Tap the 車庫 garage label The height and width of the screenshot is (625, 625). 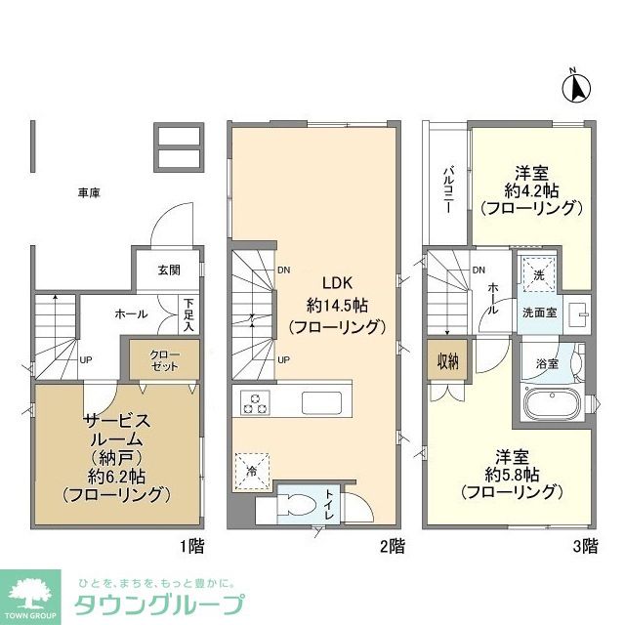pos(89,192)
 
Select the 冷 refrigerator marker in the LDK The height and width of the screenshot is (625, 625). pos(251,470)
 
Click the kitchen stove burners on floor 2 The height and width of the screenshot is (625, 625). pos(255,402)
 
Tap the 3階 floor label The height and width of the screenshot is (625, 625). pos(584,546)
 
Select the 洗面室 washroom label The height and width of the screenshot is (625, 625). pos(539,313)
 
